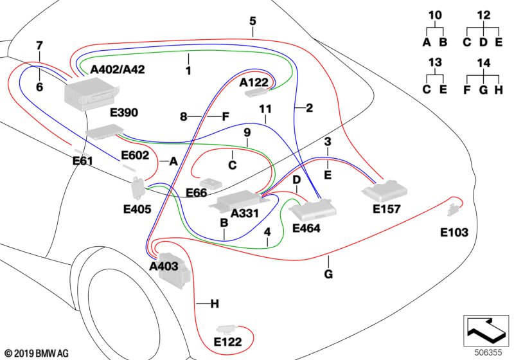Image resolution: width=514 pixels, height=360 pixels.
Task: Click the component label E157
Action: [x=386, y=209]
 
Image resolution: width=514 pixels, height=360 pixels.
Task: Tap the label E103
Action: [x=454, y=232]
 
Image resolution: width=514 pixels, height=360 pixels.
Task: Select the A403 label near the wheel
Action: [x=164, y=266]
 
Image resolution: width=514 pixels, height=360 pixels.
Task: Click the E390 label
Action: [x=124, y=113]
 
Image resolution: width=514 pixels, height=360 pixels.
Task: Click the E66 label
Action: [x=197, y=193]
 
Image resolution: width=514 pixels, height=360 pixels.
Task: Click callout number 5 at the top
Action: [x=253, y=21]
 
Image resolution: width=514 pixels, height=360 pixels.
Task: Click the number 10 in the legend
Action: [x=435, y=14]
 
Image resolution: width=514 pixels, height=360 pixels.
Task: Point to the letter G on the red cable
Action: [x=328, y=275]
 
